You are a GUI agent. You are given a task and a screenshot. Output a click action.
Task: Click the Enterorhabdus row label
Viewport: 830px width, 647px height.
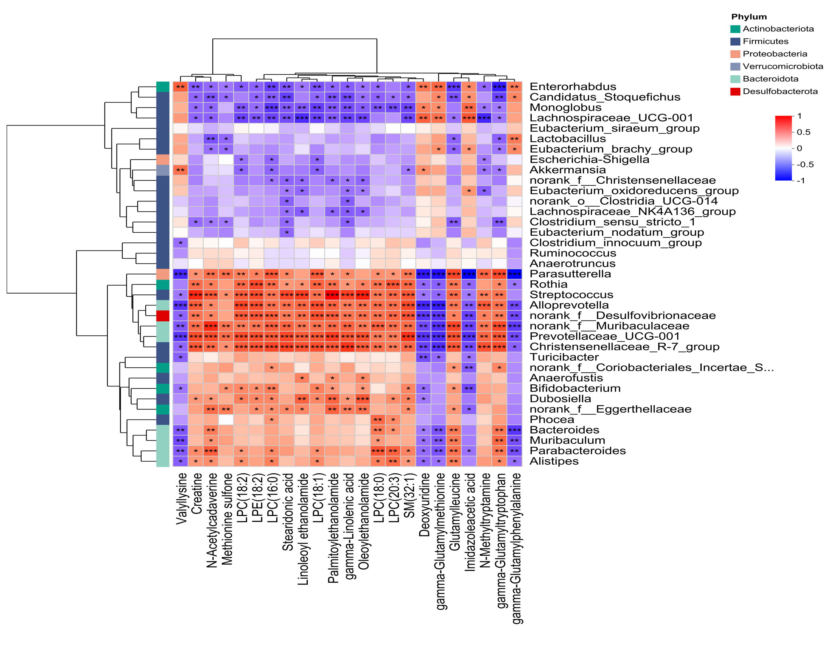pos(573,87)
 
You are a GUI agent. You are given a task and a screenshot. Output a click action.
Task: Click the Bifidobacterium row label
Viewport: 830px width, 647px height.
pos(575,388)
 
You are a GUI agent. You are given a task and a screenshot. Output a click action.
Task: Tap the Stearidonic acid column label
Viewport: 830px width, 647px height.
pos(288,511)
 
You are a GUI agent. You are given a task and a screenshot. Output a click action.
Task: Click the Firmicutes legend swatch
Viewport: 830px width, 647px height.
pos(735,41)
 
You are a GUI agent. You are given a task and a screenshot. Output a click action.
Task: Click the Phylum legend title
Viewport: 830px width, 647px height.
pos(749,17)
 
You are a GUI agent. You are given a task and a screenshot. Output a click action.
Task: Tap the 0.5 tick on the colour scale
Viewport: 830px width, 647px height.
pos(804,132)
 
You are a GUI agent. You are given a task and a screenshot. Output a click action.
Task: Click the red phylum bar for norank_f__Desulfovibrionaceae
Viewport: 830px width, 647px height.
pos(163,316)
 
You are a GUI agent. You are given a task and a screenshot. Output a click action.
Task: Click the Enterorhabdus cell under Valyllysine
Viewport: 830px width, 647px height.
pos(181,87)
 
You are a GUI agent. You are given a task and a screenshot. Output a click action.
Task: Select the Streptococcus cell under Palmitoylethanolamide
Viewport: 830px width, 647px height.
pos(332,295)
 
